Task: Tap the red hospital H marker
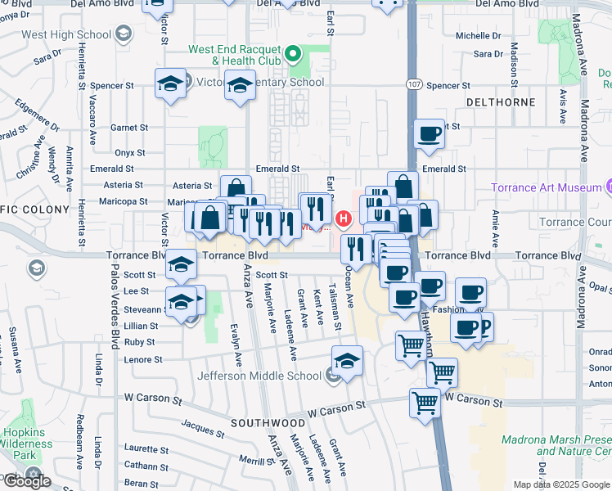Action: click(x=344, y=218)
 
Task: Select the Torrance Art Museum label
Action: click(x=546, y=187)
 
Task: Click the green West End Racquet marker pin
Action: click(x=294, y=56)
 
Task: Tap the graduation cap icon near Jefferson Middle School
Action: click(x=347, y=361)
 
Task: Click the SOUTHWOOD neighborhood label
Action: click(x=268, y=423)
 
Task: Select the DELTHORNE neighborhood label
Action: click(x=500, y=102)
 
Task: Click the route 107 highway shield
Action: click(x=413, y=85)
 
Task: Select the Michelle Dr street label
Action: click(x=478, y=36)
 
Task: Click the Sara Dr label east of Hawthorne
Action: click(x=488, y=54)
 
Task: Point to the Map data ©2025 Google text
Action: click(x=562, y=484)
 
